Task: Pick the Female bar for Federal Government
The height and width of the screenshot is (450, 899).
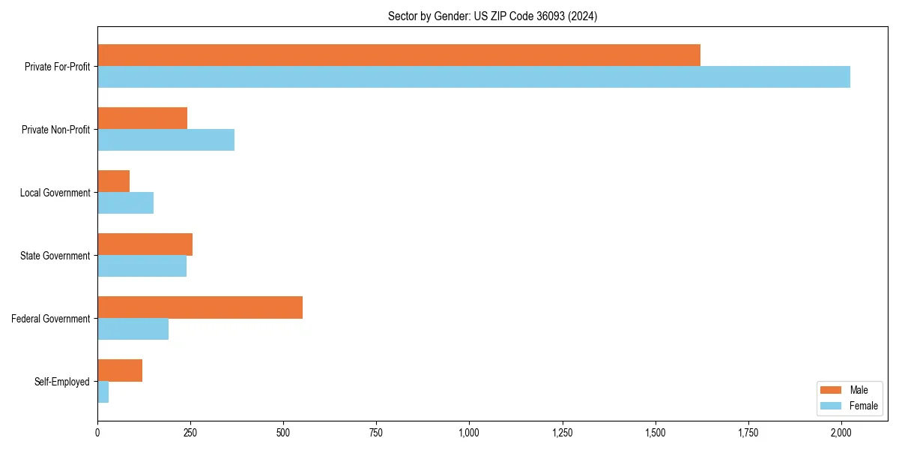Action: tap(133, 329)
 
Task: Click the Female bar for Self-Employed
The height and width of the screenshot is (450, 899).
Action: tap(103, 392)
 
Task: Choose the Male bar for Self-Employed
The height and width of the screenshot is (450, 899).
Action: tap(120, 370)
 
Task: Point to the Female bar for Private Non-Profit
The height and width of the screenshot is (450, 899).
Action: tap(166, 140)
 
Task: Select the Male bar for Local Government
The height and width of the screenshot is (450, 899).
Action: tap(113, 181)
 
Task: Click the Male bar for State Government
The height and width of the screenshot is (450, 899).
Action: tap(145, 244)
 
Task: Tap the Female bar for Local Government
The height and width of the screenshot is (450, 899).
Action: tap(125, 203)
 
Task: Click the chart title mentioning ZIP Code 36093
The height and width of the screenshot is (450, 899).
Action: tap(492, 16)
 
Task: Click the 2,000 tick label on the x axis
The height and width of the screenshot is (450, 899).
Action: tap(841, 433)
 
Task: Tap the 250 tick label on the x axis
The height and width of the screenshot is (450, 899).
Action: tap(190, 433)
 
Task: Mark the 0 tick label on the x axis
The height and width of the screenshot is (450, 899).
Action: tap(97, 433)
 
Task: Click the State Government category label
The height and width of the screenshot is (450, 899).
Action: tap(55, 256)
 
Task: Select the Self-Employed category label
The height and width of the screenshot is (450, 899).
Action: tap(62, 382)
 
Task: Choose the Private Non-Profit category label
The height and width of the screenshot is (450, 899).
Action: tap(55, 130)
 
